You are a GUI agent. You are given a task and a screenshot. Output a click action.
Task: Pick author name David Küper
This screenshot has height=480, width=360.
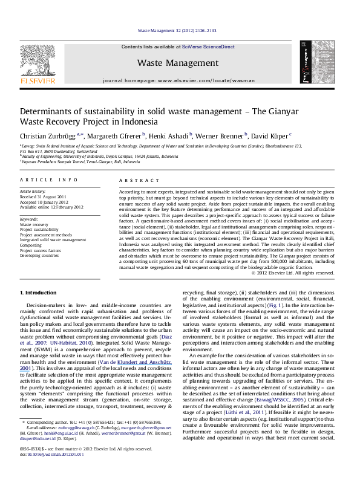click(270, 135)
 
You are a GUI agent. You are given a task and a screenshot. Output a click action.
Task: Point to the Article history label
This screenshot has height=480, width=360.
click(36, 190)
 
